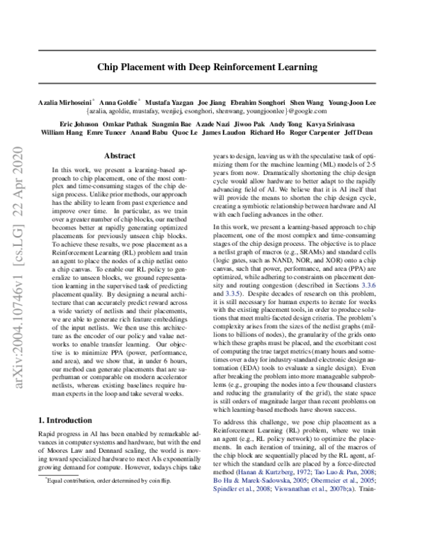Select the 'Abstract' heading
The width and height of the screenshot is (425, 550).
tap(120, 155)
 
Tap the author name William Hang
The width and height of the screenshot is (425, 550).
tap(62, 132)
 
